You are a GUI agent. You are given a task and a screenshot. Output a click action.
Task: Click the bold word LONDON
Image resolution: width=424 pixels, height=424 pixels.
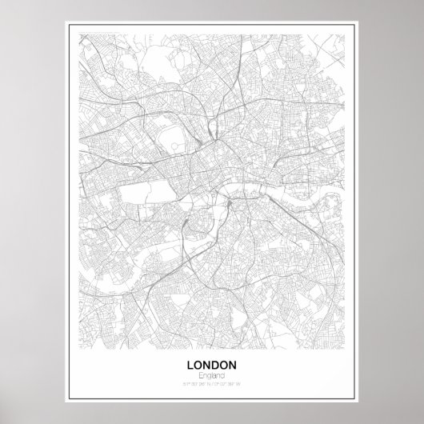click(212, 365)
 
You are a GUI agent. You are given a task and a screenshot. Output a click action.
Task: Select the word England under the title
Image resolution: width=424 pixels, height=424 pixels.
click(212, 375)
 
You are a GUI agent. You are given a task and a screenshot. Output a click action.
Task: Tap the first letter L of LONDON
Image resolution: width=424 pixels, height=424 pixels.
click(190, 365)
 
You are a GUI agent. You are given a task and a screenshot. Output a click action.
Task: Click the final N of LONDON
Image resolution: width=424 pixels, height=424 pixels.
click(234, 365)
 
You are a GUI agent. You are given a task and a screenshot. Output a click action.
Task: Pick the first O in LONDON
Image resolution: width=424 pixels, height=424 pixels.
click(198, 365)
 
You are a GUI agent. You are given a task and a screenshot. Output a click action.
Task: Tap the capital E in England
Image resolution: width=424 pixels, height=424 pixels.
click(200, 375)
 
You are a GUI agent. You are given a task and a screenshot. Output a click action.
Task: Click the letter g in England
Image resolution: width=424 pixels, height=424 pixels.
click(210, 376)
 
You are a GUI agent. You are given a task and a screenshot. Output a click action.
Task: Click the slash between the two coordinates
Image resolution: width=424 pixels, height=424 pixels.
click(213, 385)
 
